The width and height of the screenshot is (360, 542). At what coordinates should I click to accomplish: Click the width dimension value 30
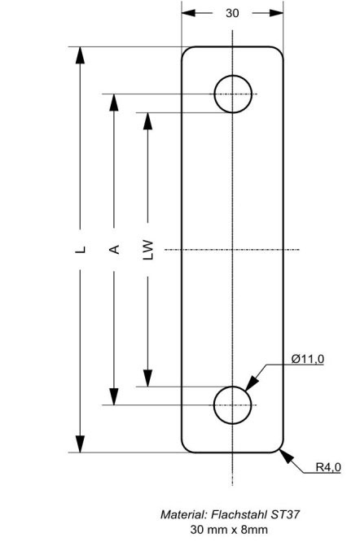pos(232,13)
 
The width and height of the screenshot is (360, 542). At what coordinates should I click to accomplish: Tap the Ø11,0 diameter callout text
pos(308,359)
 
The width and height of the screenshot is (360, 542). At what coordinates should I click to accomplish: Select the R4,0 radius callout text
pos(328,467)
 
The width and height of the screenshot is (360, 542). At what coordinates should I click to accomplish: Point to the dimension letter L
pos(81,249)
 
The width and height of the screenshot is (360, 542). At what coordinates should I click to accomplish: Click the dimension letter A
pos(114,249)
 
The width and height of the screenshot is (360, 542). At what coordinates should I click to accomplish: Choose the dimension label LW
pos(148,249)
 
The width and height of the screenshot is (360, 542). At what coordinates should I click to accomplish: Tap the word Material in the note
pos(184,514)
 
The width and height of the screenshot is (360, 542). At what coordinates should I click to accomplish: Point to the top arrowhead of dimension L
pos(81,55)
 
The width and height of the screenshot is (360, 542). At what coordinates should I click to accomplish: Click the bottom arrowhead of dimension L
pos(81,444)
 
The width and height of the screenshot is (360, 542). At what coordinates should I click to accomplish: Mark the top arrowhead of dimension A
pos(114,103)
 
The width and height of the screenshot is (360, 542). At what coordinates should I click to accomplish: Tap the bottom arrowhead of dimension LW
pos(148,378)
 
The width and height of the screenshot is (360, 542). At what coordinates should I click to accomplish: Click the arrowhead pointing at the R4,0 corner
pos(287,457)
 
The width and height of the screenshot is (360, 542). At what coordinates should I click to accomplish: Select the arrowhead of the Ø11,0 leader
pos(252,383)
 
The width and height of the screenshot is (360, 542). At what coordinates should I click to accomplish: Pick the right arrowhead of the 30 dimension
pos(276,13)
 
